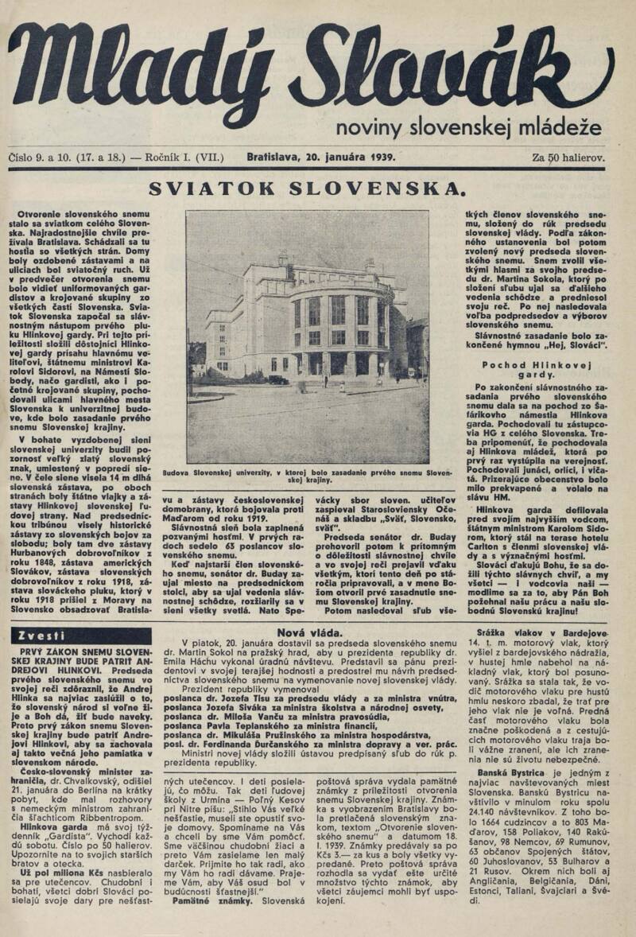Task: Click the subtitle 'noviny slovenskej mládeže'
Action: tap(469, 126)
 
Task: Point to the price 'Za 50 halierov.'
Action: tap(568, 157)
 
